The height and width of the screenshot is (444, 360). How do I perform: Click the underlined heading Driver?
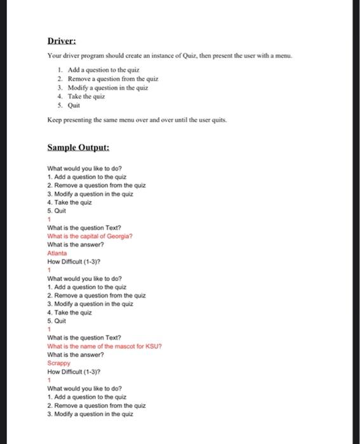pyautogui.click(x=62, y=42)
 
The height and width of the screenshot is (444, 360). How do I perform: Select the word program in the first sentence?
pyautogui.click(x=90, y=57)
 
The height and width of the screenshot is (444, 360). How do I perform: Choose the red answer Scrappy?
pyautogui.click(x=58, y=363)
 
